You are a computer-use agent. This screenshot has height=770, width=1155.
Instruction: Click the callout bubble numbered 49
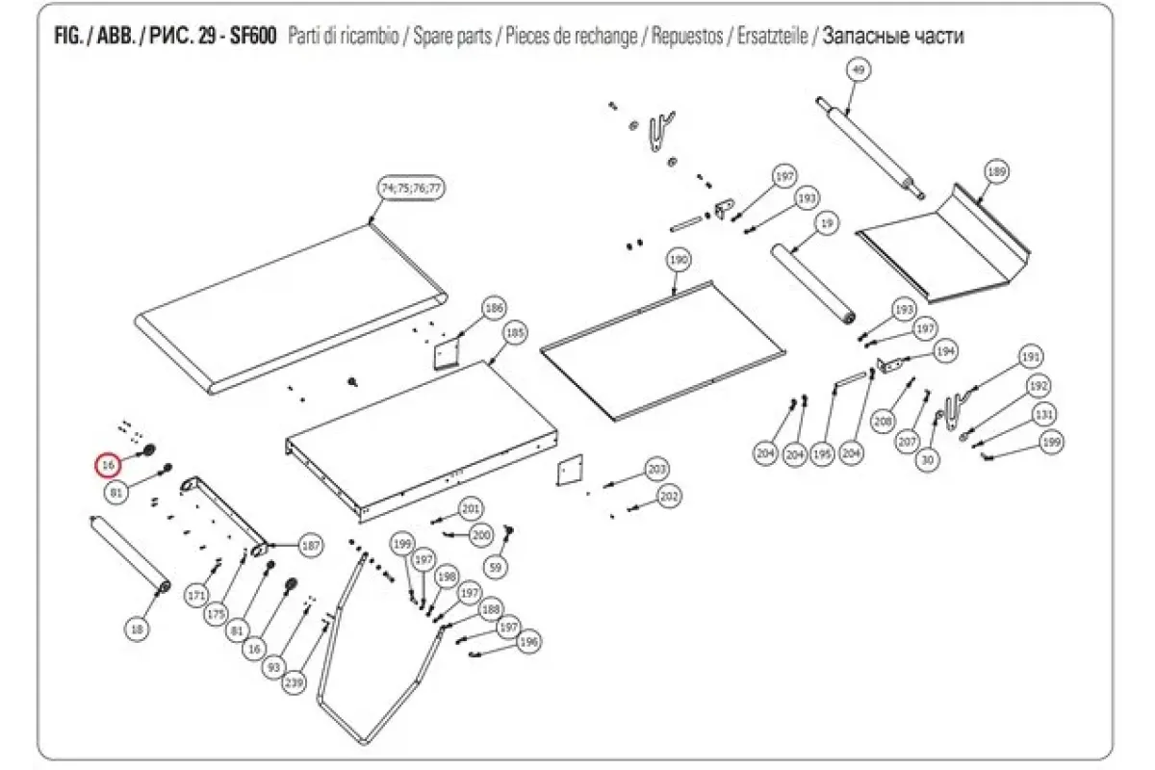[860, 69]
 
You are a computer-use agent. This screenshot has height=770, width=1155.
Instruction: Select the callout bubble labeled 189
[996, 171]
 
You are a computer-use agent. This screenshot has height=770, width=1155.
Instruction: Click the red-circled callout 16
[109, 465]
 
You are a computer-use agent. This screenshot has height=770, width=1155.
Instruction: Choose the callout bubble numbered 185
[516, 334]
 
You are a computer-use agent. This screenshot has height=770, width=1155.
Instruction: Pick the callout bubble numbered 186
[494, 309]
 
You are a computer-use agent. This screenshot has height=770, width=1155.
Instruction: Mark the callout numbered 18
[137, 629]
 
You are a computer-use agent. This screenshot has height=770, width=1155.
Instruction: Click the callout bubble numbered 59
[496, 568]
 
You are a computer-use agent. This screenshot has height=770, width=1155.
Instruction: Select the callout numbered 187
[311, 545]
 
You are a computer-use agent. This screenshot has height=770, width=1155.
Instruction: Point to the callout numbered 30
[928, 461]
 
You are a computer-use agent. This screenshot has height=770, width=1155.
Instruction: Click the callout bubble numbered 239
[294, 684]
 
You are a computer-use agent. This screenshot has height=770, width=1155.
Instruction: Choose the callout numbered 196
[528, 642]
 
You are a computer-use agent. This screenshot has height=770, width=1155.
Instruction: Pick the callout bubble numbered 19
[825, 223]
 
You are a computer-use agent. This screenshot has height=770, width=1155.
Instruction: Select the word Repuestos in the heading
[688, 37]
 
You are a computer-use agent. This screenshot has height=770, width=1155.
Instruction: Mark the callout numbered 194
[946, 353]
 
